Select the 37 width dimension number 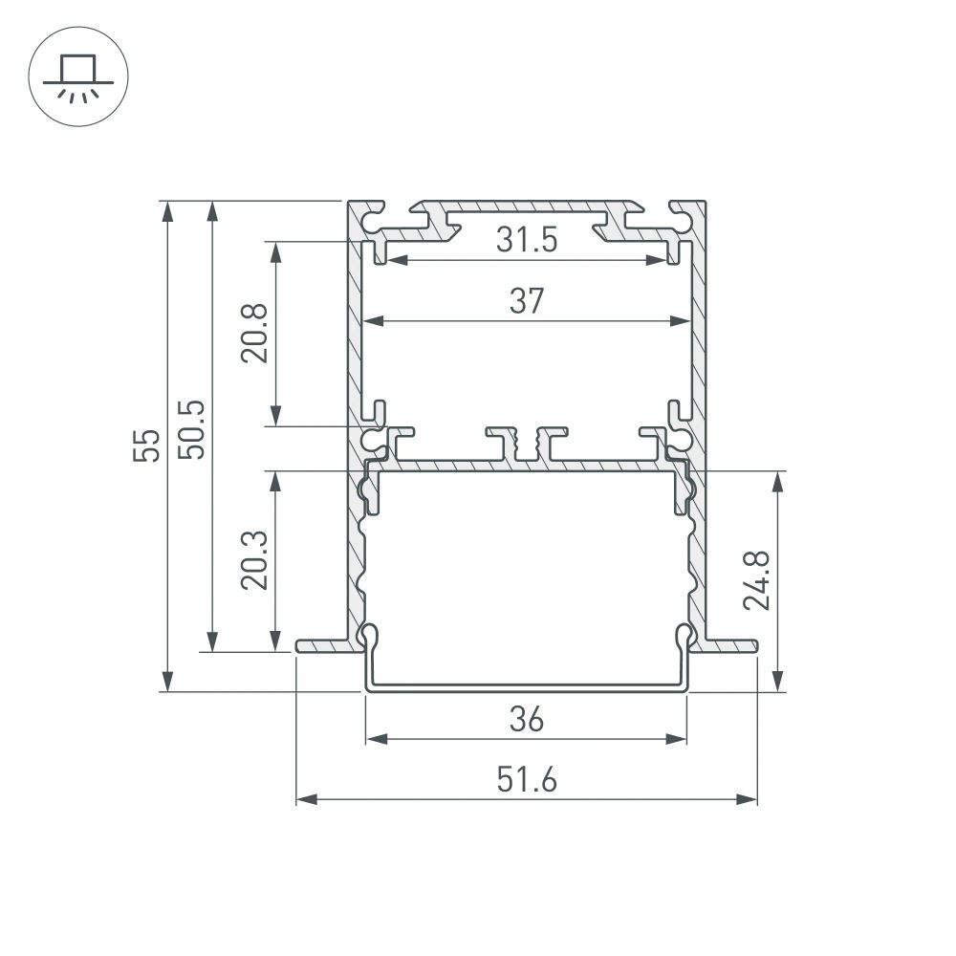526,301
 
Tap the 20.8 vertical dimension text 254,333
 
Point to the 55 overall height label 146,445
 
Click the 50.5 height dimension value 191,428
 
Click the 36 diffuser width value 526,718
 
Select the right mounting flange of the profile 730,646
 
